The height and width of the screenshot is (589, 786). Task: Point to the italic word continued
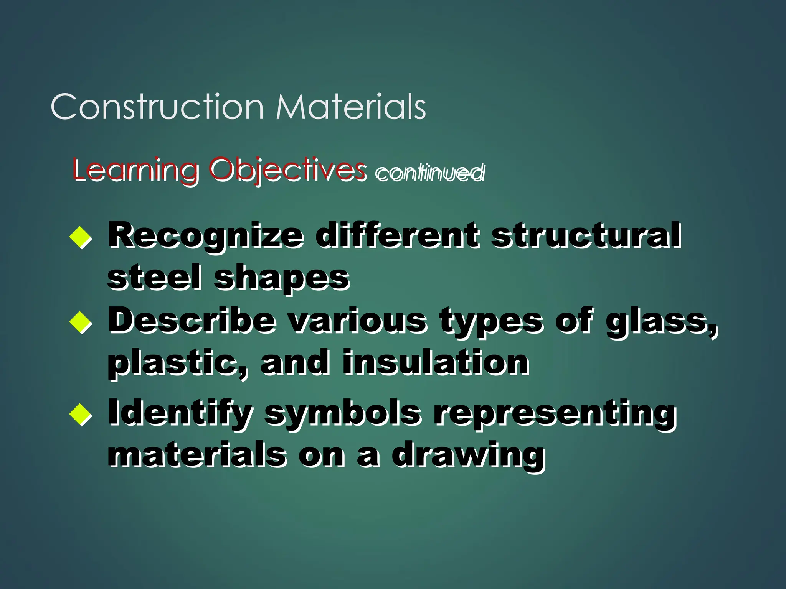pos(430,173)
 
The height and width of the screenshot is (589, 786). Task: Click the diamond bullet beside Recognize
pos(81,237)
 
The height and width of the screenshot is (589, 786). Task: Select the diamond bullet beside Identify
pos(81,414)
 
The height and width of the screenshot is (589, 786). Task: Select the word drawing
pos(468,456)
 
